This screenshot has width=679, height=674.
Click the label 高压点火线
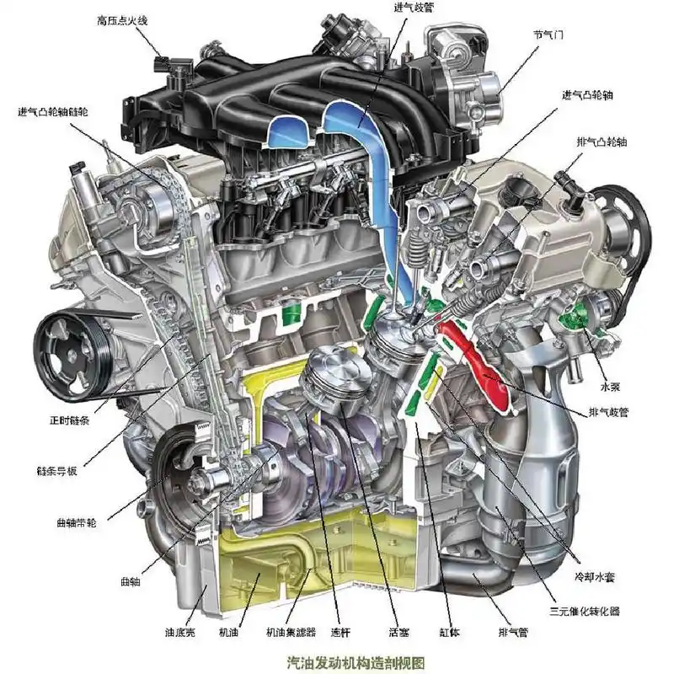tap(122, 20)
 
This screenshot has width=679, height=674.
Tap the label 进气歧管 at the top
tap(414, 8)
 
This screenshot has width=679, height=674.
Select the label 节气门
tap(548, 35)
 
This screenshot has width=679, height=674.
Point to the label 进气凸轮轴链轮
tap(53, 112)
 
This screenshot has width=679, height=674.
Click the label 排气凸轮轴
tap(601, 142)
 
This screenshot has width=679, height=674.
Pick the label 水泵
tap(610, 387)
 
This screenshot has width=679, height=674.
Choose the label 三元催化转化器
tap(585, 611)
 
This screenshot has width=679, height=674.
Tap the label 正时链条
tap(70, 420)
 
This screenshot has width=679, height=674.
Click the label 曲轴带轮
tap(77, 522)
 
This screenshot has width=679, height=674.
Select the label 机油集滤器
tap(291, 632)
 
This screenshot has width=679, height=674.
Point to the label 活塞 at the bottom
tap(398, 632)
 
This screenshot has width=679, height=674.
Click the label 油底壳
tap(180, 632)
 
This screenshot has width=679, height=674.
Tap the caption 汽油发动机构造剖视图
tap(356, 662)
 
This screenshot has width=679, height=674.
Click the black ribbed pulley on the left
tap(72, 356)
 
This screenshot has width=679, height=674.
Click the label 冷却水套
tap(595, 576)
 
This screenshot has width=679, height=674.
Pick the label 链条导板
tap(56, 471)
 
